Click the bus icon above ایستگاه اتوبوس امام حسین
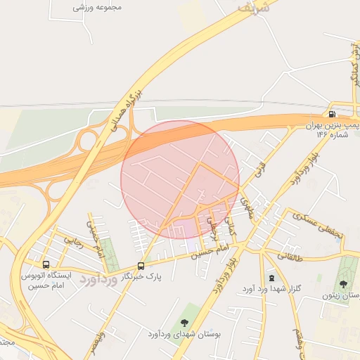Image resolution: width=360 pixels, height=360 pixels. [46, 265]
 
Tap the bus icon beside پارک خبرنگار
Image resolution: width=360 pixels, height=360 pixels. [141, 266]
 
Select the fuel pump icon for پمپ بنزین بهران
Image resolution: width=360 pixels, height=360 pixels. [331, 114]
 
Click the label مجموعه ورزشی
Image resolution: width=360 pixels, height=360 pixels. [98, 7]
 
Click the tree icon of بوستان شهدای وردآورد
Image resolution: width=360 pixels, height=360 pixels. [184, 323]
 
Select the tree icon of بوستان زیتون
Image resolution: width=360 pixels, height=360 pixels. [343, 284]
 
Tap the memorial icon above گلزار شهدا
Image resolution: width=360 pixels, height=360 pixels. [271, 277]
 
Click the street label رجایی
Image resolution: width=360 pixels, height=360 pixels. [74, 243]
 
